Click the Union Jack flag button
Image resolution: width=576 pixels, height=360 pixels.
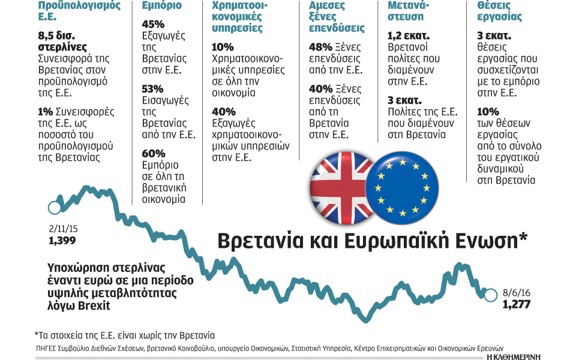(x=341, y=186)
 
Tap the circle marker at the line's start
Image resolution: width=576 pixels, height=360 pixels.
(x=53, y=208)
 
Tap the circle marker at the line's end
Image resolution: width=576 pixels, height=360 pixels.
(x=490, y=295)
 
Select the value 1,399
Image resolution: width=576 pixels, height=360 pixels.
(x=63, y=241)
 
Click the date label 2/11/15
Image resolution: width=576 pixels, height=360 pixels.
(x=63, y=230)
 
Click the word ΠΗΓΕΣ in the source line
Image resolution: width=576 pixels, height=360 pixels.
(x=47, y=347)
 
